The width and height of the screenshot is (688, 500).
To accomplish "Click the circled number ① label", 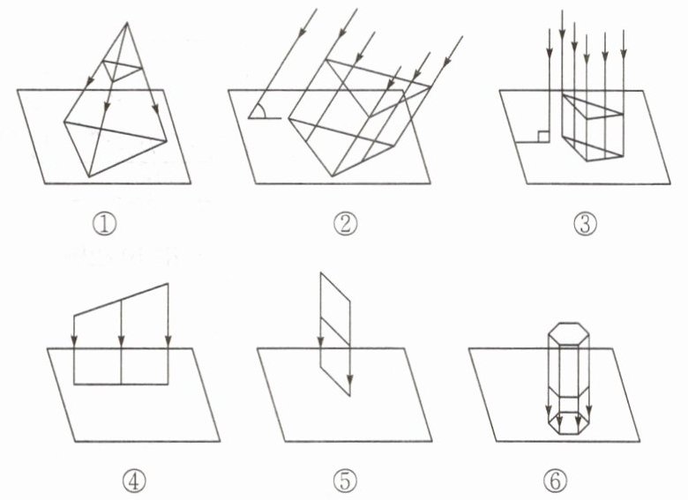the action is point(104,225).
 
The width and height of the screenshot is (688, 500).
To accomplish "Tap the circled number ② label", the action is point(346,224).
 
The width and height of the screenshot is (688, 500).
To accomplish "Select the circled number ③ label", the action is point(586,225).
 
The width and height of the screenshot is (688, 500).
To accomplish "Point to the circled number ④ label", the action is point(133,481).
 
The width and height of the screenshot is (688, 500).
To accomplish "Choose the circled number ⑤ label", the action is point(346,481).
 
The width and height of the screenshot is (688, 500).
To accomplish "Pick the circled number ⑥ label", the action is point(555,481).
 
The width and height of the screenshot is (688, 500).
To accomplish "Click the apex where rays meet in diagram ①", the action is point(127,23).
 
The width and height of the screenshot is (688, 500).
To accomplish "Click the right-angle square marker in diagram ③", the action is point(544,137).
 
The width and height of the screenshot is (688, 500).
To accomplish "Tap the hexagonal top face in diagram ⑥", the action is point(569,333).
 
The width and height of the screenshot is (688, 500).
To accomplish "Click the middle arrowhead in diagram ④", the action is point(121,341).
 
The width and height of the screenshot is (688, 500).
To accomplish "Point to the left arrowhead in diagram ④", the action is point(74,341).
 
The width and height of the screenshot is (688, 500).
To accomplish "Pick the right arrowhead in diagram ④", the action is point(168,341).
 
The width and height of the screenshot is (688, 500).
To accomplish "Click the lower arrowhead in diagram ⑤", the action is point(349,380).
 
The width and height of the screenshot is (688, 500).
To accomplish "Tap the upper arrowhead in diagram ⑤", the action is point(321,340).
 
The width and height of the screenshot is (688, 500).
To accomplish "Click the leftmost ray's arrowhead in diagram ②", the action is point(302,31).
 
